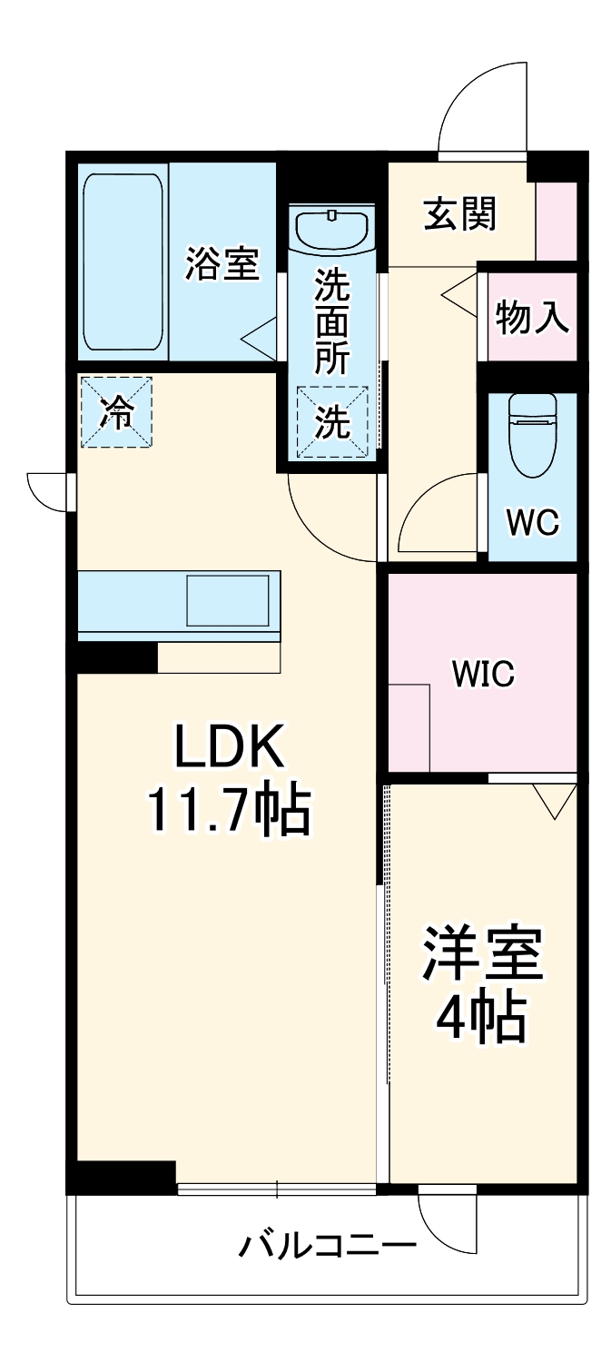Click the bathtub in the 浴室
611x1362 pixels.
[123, 262]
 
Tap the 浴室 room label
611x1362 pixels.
[222, 263]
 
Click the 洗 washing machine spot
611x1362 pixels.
[332, 420]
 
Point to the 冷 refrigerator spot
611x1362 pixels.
[115, 412]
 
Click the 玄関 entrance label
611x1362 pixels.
[460, 213]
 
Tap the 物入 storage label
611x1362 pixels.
[532, 316]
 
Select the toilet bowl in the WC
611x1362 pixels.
[532, 434]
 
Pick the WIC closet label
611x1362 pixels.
[483, 673]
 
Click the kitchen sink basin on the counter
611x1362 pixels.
[228, 600]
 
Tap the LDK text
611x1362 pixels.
[229, 745]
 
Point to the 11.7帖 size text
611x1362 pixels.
[230, 811]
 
